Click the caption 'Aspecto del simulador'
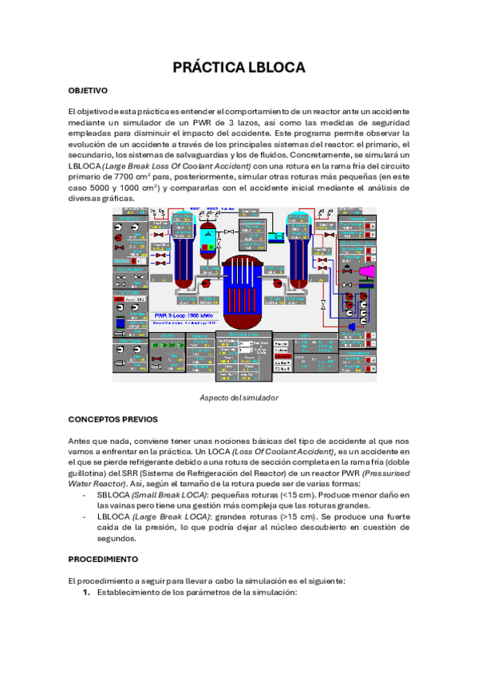(x=239, y=397)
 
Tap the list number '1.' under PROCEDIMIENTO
(x=88, y=593)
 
